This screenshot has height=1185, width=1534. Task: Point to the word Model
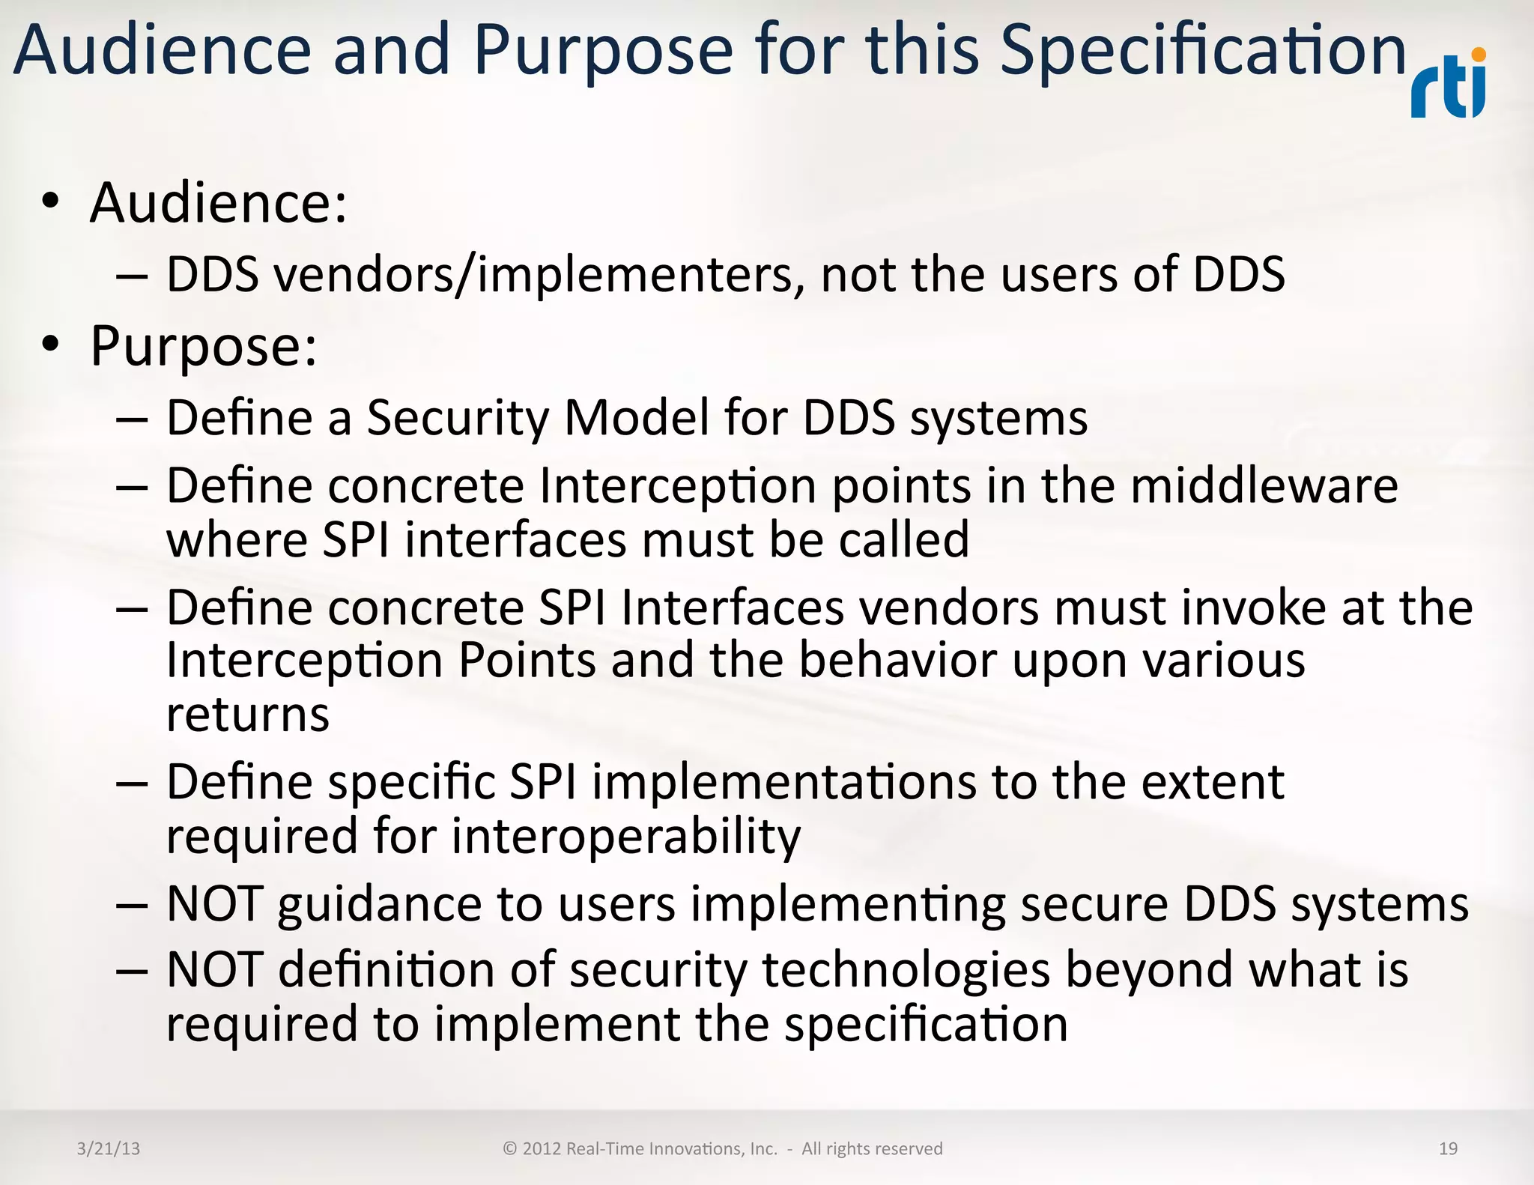pyautogui.click(x=636, y=417)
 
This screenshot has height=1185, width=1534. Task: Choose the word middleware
pyautogui.click(x=1264, y=486)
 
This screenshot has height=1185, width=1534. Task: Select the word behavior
pyautogui.click(x=897, y=661)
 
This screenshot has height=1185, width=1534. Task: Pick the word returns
pyautogui.click(x=247, y=715)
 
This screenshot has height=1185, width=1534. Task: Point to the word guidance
pyautogui.click(x=379, y=905)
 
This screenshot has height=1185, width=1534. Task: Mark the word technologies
pyautogui.click(x=906, y=971)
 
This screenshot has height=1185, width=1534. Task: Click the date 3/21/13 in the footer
pyautogui.click(x=108, y=1149)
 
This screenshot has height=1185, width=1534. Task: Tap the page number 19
pyautogui.click(x=1448, y=1149)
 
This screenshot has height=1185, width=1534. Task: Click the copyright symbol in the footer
pyautogui.click(x=510, y=1149)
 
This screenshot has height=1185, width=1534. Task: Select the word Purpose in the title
pyautogui.click(x=602, y=51)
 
